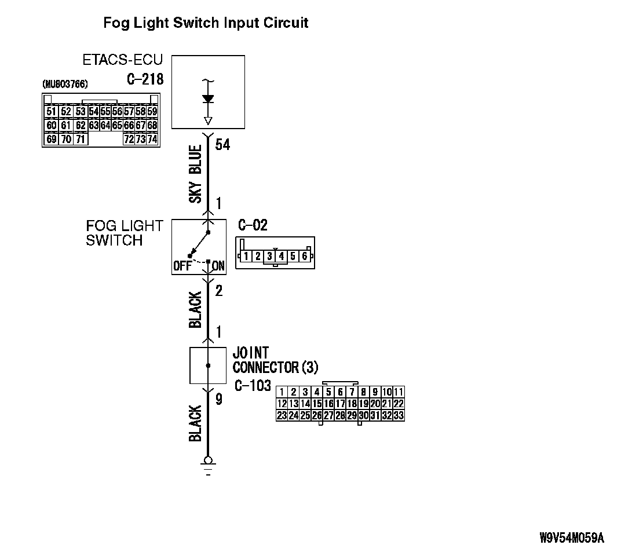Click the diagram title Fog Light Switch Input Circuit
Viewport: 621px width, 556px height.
point(206,23)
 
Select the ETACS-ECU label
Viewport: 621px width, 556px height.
point(123,60)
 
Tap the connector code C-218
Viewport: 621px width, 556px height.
point(145,79)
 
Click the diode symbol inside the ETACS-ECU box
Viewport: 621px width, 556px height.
point(208,99)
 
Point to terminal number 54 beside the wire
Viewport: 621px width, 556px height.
point(222,145)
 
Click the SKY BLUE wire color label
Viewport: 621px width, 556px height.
point(196,174)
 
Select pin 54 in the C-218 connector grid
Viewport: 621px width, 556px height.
point(94,111)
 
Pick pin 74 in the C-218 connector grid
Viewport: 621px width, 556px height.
point(152,139)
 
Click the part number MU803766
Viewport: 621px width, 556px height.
point(65,85)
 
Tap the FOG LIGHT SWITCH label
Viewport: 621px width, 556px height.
point(124,233)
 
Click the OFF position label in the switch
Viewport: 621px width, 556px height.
point(182,266)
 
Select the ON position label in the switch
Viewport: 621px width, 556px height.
point(218,266)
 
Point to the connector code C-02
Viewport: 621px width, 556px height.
point(253,225)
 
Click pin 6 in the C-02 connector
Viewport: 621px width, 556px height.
point(304,255)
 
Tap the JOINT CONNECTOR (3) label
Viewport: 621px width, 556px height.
point(275,360)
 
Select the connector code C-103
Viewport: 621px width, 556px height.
point(253,386)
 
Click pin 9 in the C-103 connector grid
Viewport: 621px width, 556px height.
point(375,392)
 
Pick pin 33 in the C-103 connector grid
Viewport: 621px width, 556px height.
point(399,415)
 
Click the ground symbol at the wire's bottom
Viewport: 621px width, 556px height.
point(208,463)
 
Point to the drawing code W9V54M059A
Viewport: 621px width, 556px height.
point(571,538)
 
